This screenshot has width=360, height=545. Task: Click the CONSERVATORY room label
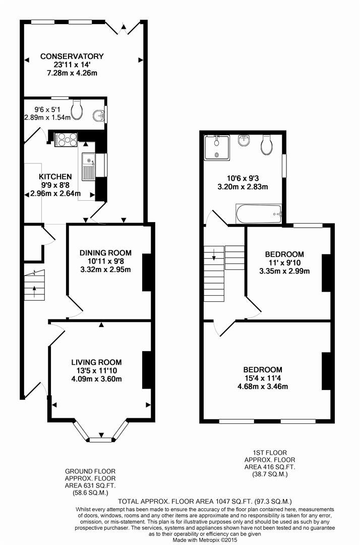[72, 57]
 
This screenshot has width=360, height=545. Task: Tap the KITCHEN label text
[55, 177]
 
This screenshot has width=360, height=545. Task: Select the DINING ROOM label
[105, 253]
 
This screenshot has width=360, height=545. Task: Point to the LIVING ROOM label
[96, 362]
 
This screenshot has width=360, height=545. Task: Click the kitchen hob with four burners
[66, 140]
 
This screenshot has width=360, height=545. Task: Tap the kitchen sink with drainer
[89, 167]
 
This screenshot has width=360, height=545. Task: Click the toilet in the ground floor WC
[76, 110]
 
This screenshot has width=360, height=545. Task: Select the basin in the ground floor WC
[99, 115]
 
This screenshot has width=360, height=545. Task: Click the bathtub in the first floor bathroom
[259, 214]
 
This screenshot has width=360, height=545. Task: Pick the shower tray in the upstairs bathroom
[217, 148]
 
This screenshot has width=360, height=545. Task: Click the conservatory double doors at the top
[123, 27]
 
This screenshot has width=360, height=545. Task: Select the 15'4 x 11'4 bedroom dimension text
[263, 378]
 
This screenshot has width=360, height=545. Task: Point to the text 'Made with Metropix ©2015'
[205, 540]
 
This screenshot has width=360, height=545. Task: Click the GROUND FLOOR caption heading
[90, 471]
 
